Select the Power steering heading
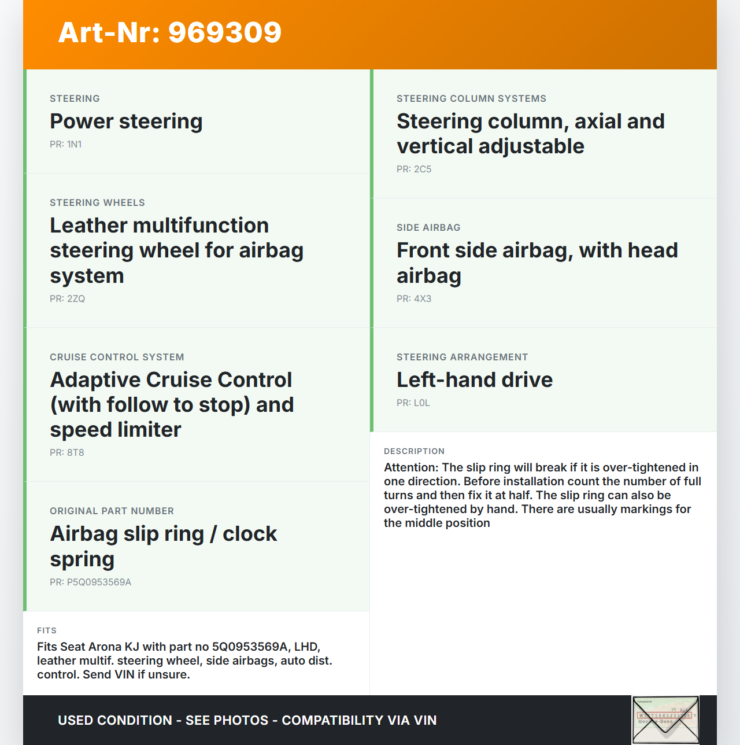126,121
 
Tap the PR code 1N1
66,145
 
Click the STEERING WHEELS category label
97,203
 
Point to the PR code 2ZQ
68,299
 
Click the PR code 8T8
67,453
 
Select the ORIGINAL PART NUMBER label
112,511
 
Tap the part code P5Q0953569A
91,582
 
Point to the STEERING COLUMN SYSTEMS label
471,99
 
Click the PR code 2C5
414,169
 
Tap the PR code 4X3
414,299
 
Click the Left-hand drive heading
475,380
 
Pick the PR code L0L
413,403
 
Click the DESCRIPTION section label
414,452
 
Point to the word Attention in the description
411,467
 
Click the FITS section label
47,631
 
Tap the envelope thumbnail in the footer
665,720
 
